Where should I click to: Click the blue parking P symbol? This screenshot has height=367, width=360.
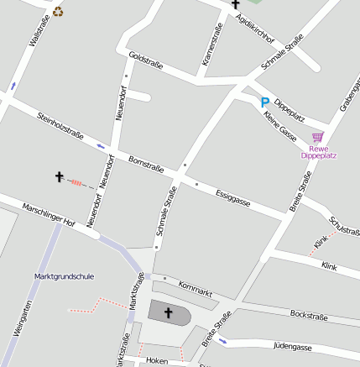tap(265, 102)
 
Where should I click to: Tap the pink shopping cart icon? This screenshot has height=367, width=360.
tap(317, 137)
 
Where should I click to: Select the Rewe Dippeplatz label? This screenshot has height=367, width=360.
tap(318, 152)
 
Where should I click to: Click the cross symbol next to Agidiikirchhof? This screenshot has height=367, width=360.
tap(236, 4)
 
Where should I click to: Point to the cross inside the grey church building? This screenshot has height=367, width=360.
tap(169, 313)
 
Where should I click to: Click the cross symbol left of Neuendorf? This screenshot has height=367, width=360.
tap(60, 176)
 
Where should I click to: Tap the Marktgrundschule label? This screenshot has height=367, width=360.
tap(65, 276)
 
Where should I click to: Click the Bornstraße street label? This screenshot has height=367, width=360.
tap(146, 164)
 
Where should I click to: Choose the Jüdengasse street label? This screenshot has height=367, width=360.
tap(293, 346)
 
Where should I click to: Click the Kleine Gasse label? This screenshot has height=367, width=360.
tap(280, 124)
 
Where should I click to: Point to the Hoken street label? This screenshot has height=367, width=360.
tap(157, 359)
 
